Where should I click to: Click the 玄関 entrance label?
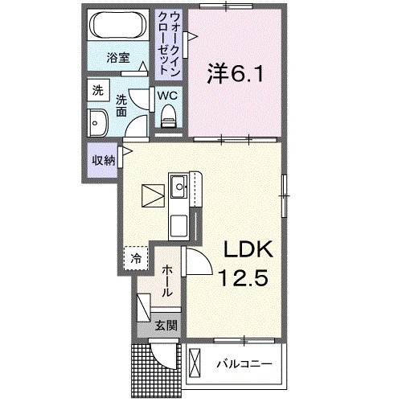pos(166,326)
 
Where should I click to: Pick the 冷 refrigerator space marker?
pos(137,258)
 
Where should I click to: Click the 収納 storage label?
pos(104,159)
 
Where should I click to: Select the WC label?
pos(167,95)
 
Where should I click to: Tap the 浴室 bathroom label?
pos(119,57)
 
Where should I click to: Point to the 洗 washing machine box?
pos(98,90)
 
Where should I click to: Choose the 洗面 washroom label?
pos(121,106)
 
